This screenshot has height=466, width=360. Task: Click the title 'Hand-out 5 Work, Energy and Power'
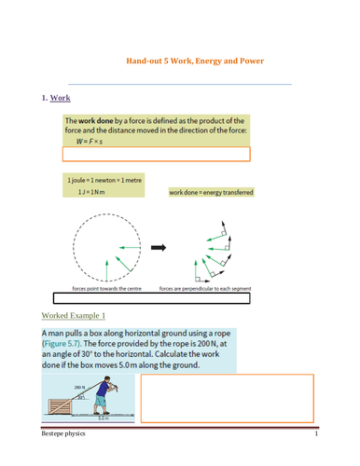coord(195,62)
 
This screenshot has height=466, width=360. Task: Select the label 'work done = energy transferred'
coord(211,192)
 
